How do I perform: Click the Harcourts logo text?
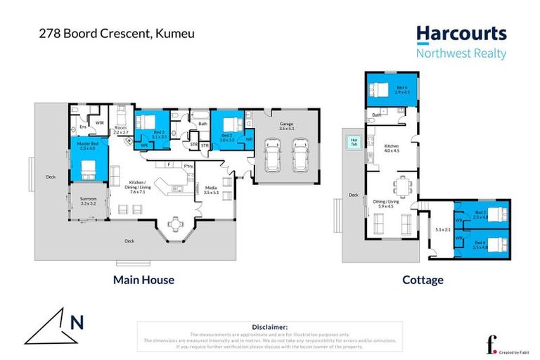tap(461, 33)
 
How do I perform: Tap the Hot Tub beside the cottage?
tap(353, 143)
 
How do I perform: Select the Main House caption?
tap(143, 280)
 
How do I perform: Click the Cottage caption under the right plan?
tap(423, 280)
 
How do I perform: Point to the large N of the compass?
tap(77, 322)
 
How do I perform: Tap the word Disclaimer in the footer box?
tap(269, 327)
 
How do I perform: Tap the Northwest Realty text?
tap(461, 53)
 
